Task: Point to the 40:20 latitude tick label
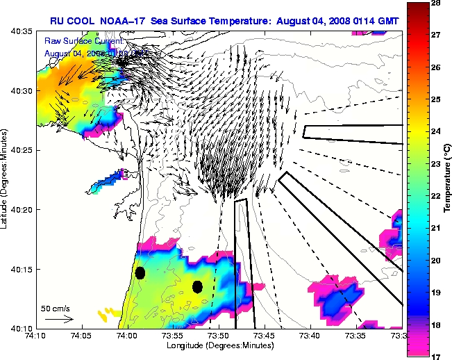point(23,209)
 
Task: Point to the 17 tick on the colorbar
point(437,355)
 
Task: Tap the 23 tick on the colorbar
point(437,164)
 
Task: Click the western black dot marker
point(140,272)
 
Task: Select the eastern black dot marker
point(197,286)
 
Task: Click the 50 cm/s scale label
point(55,308)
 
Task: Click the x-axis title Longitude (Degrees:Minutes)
point(218,345)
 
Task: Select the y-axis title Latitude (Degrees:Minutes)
point(6,179)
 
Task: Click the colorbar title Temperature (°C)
point(449,179)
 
